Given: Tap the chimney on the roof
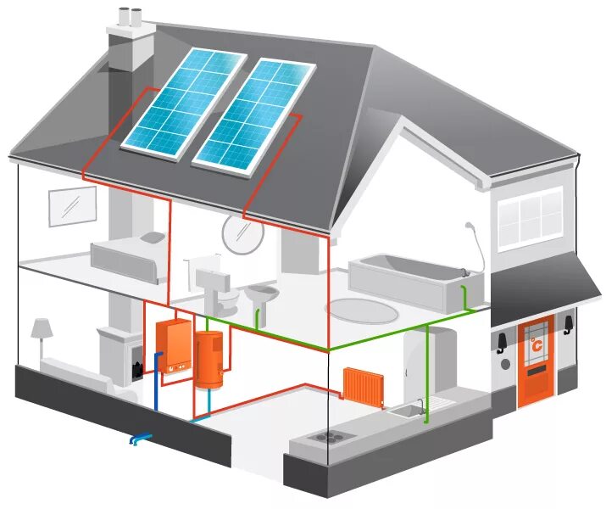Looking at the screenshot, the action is [131, 47].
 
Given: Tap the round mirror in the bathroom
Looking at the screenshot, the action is [243, 233].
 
